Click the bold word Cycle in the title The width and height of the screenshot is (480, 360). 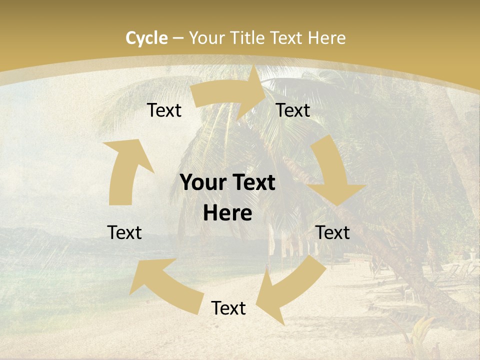pyautogui.click(x=146, y=38)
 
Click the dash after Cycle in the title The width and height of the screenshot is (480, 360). pyautogui.click(x=178, y=38)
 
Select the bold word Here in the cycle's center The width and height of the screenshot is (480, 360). pyautogui.click(x=227, y=213)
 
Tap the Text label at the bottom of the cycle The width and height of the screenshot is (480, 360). pyautogui.click(x=228, y=308)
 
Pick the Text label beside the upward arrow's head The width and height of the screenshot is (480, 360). pyautogui.click(x=164, y=110)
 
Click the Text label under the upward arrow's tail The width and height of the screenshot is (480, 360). pyautogui.click(x=124, y=232)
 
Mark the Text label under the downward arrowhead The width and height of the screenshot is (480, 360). pyautogui.click(x=333, y=232)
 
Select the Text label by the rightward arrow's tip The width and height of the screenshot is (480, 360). pyautogui.click(x=293, y=110)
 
